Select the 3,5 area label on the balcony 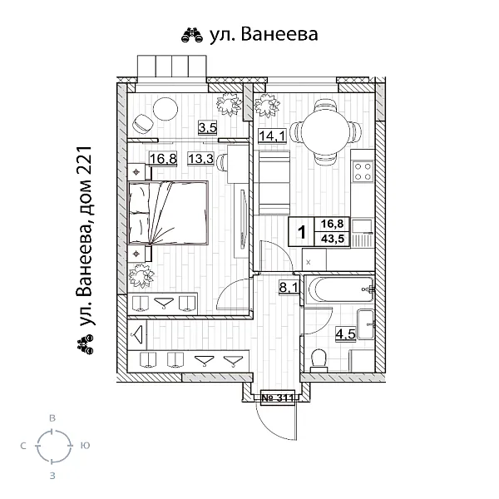point(207,127)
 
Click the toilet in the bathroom point(316,358)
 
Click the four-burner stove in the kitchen point(363,170)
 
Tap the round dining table point(330,131)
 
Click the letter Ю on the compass point(86,447)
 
